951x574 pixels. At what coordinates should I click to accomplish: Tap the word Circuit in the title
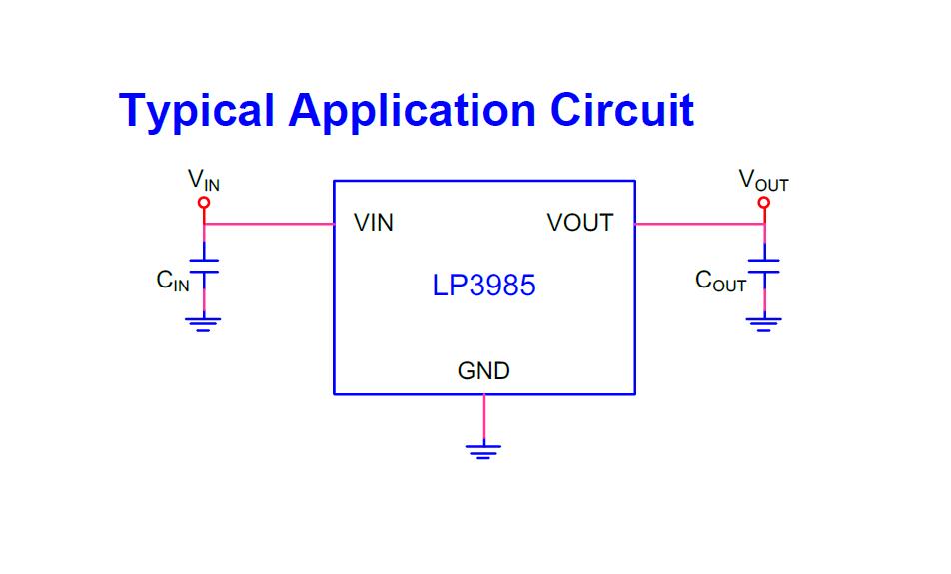click(621, 110)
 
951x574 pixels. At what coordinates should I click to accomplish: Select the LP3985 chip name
click(484, 287)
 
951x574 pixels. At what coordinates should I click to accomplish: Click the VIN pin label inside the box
click(374, 224)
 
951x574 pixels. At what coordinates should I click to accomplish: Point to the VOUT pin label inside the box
click(580, 224)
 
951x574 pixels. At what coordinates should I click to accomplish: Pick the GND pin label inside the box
click(483, 371)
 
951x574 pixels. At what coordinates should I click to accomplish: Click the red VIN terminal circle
click(204, 203)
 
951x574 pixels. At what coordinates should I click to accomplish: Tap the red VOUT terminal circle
click(764, 203)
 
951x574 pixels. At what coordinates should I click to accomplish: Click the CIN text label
click(172, 282)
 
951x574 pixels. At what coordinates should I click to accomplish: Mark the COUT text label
click(720, 282)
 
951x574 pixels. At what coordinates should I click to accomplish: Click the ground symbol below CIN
click(204, 321)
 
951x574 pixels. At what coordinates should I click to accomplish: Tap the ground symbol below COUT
click(764, 321)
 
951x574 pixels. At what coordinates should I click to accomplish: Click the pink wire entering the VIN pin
click(270, 224)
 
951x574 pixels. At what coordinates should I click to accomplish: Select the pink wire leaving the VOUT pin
click(699, 224)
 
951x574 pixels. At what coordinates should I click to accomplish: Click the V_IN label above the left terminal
click(204, 181)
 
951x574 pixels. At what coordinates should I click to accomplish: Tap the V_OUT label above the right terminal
click(763, 181)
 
